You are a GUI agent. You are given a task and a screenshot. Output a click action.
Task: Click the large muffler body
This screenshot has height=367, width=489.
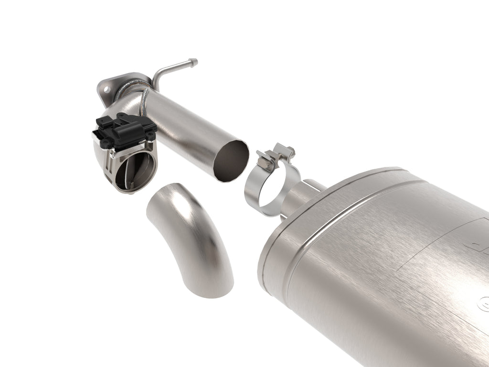382,268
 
